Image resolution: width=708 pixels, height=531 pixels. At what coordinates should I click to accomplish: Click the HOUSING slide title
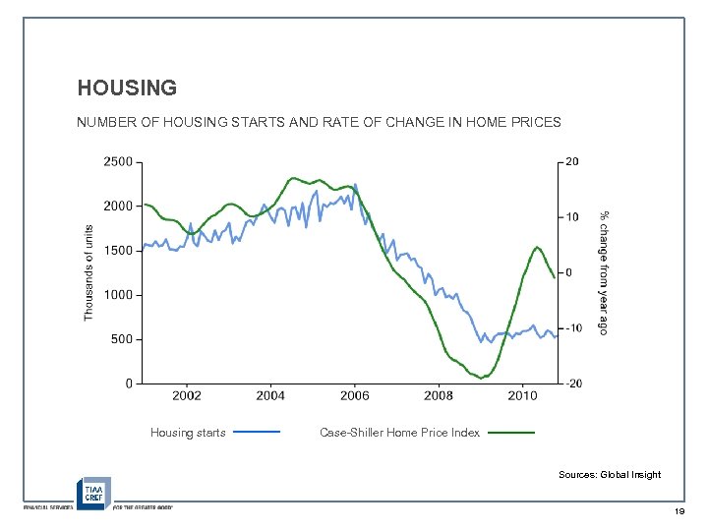point(127,88)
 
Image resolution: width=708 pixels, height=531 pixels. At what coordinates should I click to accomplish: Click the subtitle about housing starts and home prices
point(320,123)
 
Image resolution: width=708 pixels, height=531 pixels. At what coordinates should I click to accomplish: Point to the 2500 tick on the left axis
point(119,162)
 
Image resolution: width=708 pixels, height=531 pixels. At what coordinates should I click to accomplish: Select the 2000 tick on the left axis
point(119,206)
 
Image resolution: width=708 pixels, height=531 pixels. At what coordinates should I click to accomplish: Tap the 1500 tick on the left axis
point(119,251)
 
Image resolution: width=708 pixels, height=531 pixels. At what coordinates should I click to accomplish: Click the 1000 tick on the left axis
point(119,295)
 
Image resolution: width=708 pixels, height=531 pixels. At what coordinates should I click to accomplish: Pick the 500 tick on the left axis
point(123,339)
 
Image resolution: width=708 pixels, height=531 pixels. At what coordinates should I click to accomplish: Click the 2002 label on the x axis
point(187,395)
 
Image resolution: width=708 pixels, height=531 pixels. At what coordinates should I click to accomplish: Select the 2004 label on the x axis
point(270,395)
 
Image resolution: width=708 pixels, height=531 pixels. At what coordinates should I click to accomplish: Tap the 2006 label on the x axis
point(355,395)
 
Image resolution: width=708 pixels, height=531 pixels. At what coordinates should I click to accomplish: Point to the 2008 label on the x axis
point(439,395)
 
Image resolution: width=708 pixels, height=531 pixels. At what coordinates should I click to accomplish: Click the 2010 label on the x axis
point(522,395)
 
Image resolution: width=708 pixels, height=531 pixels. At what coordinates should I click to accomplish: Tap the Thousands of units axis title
point(88,272)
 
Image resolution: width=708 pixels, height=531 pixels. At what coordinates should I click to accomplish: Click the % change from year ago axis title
point(605,272)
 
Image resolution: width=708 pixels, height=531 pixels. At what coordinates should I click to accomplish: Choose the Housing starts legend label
point(188,433)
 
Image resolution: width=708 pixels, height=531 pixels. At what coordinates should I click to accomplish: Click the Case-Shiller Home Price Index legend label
point(400,433)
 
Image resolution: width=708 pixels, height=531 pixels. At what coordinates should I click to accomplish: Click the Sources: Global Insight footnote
point(610,475)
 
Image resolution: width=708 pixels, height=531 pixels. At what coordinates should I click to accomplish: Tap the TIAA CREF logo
point(94,492)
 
